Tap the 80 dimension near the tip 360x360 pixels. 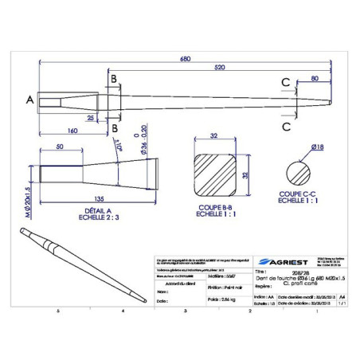pyautogui.click(x=314, y=79)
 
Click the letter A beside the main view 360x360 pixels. pyautogui.click(x=29, y=100)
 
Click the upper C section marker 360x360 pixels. pyautogui.click(x=284, y=80)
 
